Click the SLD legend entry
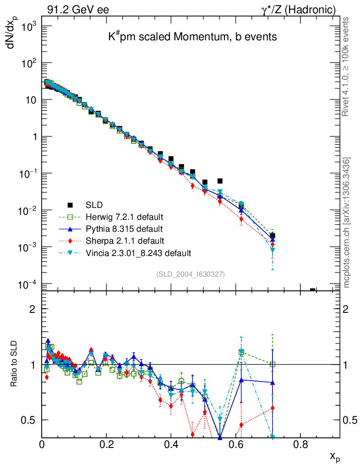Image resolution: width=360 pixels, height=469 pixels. tap(96, 205)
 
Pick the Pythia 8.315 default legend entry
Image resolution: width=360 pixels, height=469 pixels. tap(124, 229)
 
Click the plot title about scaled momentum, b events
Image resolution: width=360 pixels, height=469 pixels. tap(192, 37)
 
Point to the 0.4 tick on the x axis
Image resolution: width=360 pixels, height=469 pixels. tap(171, 444)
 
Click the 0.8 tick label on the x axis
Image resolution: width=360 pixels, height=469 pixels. tap(300, 444)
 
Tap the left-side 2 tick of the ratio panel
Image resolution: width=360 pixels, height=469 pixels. tap(33, 309)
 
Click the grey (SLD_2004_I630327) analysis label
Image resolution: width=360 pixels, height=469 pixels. tap(190, 274)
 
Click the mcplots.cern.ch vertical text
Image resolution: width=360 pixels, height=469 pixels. tap(347, 223)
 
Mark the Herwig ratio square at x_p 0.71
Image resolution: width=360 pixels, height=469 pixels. tap(273, 365)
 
